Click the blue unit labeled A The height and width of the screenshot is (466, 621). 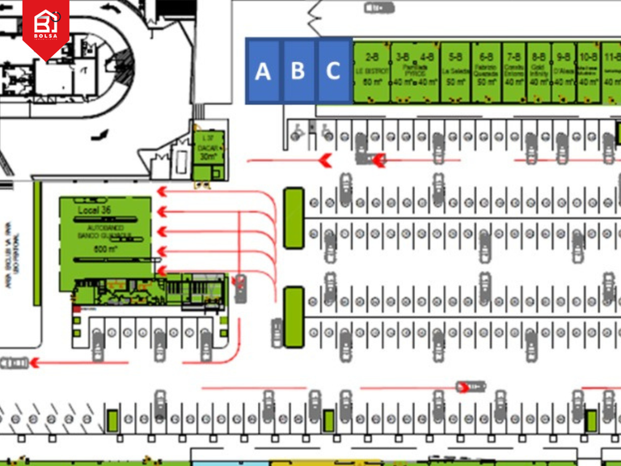(x=263, y=71)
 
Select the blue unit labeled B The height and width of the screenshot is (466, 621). (x=298, y=71)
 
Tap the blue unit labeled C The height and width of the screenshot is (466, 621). (x=333, y=71)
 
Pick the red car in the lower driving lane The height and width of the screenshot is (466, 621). (x=468, y=387)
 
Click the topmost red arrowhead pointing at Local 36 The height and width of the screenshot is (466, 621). (x=162, y=192)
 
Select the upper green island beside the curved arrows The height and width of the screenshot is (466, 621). (x=294, y=217)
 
